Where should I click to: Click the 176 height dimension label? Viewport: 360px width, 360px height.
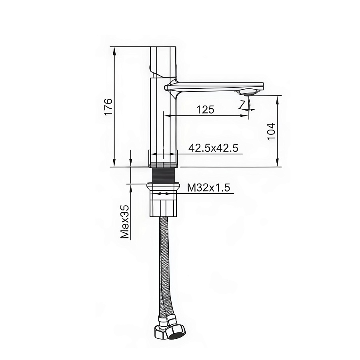click(x=108, y=107)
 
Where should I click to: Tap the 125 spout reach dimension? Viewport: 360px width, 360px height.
click(x=205, y=110)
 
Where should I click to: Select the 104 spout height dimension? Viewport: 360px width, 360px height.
click(x=272, y=131)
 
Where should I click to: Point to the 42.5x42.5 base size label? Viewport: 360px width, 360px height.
click(x=213, y=148)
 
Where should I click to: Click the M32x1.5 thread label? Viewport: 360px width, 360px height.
click(x=208, y=188)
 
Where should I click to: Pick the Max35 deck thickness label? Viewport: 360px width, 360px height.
click(x=125, y=222)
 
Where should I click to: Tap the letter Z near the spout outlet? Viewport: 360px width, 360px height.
click(x=242, y=105)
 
